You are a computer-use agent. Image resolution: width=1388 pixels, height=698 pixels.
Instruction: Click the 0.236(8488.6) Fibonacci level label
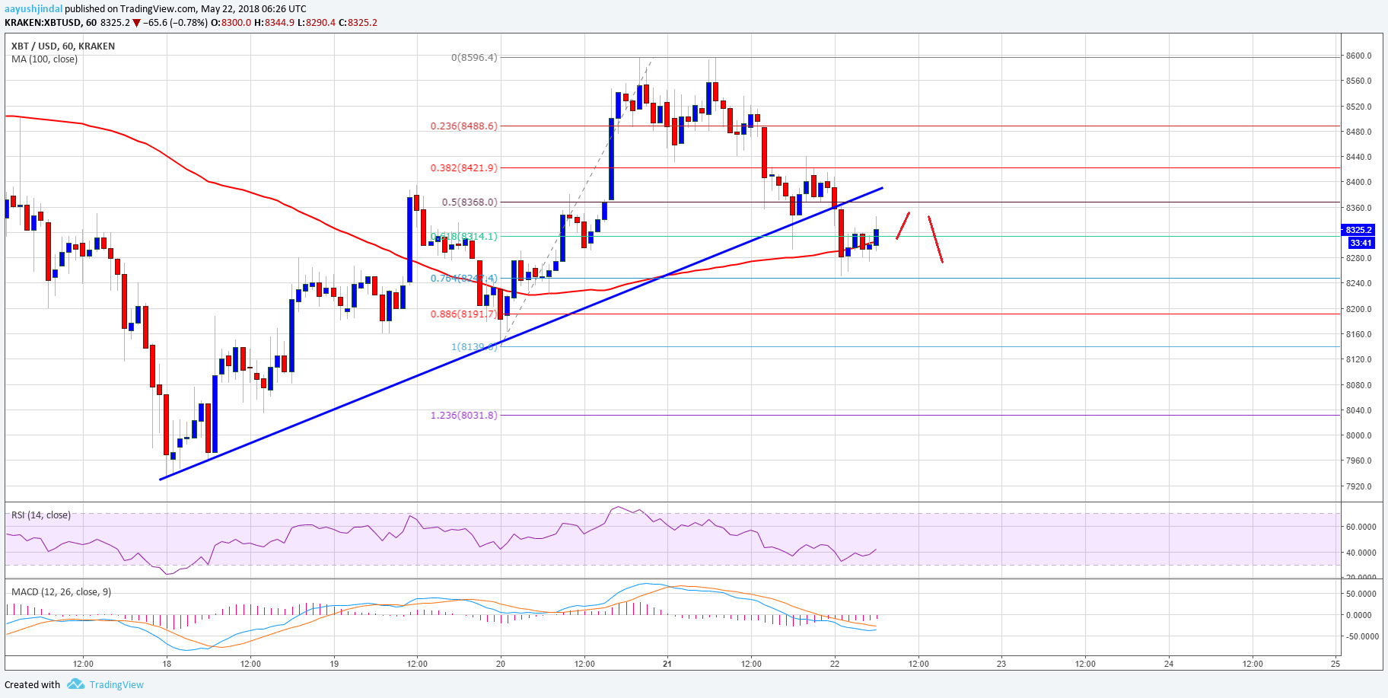pos(463,126)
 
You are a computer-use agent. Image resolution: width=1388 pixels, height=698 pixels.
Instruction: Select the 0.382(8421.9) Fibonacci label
pos(463,168)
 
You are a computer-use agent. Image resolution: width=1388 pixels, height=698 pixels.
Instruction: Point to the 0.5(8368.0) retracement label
pos(469,202)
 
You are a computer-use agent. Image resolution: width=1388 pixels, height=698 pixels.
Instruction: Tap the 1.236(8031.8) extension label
pos(463,416)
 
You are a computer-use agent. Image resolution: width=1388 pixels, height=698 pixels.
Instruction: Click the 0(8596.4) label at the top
pos(473,57)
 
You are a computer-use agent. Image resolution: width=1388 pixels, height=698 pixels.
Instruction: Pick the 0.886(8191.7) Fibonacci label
pos(463,314)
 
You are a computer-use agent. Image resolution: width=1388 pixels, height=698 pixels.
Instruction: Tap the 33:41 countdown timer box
pos(1360,244)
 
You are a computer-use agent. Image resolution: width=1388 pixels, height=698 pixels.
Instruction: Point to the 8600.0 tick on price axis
pos(1358,56)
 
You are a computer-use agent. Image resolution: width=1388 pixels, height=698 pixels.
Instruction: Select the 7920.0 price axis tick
pos(1358,486)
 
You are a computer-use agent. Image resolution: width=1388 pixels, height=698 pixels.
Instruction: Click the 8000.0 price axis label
pos(1358,435)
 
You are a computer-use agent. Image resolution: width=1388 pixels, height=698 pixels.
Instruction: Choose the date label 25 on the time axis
pos(1335,664)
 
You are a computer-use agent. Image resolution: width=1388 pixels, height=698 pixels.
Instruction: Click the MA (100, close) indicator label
pos(44,59)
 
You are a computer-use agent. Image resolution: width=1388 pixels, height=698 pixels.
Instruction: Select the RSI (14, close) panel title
pos(41,515)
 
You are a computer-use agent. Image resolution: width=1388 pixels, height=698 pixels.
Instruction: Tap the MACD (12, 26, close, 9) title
pos(61,592)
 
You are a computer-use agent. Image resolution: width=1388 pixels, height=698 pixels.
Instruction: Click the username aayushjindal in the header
pos(33,9)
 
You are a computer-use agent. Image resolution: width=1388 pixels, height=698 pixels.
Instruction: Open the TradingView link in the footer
pos(116,685)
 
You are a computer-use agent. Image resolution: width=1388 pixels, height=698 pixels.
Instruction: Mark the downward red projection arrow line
pos(935,239)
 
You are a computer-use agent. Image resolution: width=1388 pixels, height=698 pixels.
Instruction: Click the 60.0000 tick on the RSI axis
pos(1361,527)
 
